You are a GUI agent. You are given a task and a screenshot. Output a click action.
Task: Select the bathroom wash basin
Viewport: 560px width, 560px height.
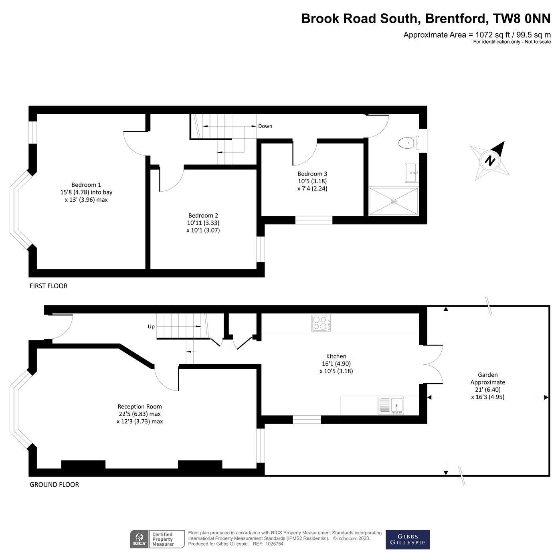coord(411,173)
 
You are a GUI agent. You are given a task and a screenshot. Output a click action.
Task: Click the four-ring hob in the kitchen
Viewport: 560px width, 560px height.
coord(321,323)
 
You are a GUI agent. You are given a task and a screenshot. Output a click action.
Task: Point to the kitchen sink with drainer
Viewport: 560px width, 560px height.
coord(391,406)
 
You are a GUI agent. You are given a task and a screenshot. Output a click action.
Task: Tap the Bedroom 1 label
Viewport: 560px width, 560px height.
coord(86,185)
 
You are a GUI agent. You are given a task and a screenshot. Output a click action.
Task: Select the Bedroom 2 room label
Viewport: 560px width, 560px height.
coord(203,216)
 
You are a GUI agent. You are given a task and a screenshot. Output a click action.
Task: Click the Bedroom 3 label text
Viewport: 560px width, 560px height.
coord(312,174)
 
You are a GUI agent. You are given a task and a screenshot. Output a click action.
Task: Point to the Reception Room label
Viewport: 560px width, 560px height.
coord(139,406)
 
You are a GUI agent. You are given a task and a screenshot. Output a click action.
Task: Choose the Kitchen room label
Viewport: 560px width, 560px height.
coord(336,356)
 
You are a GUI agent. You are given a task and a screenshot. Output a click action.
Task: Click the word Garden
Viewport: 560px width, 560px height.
coord(488,375)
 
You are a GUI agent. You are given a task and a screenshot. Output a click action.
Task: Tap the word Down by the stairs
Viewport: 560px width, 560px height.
coord(265,126)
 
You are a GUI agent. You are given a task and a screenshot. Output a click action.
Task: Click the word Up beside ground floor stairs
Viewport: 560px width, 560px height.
coord(151,327)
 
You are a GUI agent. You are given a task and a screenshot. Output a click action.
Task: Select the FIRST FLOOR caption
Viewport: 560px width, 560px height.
coord(49,286)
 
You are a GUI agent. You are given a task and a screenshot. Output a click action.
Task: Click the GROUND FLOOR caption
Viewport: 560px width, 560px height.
coord(54,485)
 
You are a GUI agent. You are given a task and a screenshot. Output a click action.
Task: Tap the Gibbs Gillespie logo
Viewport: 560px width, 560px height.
coord(407,540)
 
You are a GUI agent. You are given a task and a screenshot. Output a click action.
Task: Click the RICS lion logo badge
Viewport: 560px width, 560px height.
coord(139,539)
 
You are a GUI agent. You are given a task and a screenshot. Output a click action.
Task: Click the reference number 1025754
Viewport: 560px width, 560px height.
coord(274,544)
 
